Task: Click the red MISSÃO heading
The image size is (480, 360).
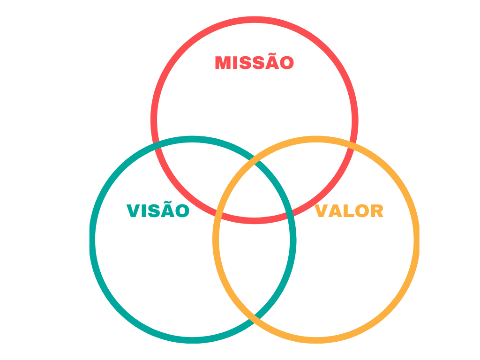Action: pos(255,62)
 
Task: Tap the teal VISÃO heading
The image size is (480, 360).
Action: pos(158,210)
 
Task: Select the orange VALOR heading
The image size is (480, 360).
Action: pos(349,210)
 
